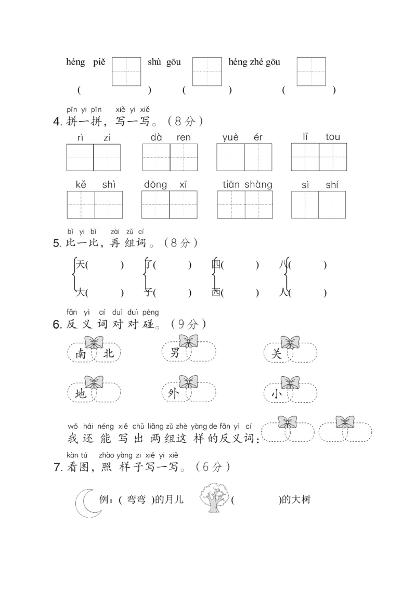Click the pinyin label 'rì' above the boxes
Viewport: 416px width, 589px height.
80,137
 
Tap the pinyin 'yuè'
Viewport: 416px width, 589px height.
230,137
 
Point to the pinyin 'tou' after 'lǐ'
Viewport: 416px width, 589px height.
333,137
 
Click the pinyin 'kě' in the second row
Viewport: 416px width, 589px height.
81,185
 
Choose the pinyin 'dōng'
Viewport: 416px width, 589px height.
155,185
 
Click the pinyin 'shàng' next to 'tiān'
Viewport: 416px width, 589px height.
258,185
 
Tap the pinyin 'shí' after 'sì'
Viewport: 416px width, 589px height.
332,185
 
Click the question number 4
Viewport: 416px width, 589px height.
57,123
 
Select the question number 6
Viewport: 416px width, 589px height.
57,325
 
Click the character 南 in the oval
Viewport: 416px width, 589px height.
81,354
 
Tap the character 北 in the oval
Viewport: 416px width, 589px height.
108,354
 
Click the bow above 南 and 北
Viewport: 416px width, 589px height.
94,342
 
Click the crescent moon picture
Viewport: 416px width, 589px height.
86,504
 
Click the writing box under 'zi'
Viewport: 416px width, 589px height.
107,157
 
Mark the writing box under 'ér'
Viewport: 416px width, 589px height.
258,157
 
